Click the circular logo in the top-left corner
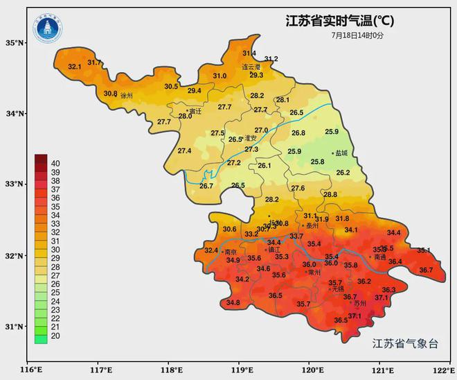pos(47,28)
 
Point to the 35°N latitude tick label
pos(15,43)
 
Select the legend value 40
pos(55,163)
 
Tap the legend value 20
pos(55,336)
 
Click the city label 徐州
pos(127,96)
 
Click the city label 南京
pos(231,252)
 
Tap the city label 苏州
pos(359,304)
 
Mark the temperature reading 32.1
pos(75,67)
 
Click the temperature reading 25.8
pos(317,162)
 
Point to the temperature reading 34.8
pos(233,302)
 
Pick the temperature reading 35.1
pos(423,250)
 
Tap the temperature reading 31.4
pos(249,53)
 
